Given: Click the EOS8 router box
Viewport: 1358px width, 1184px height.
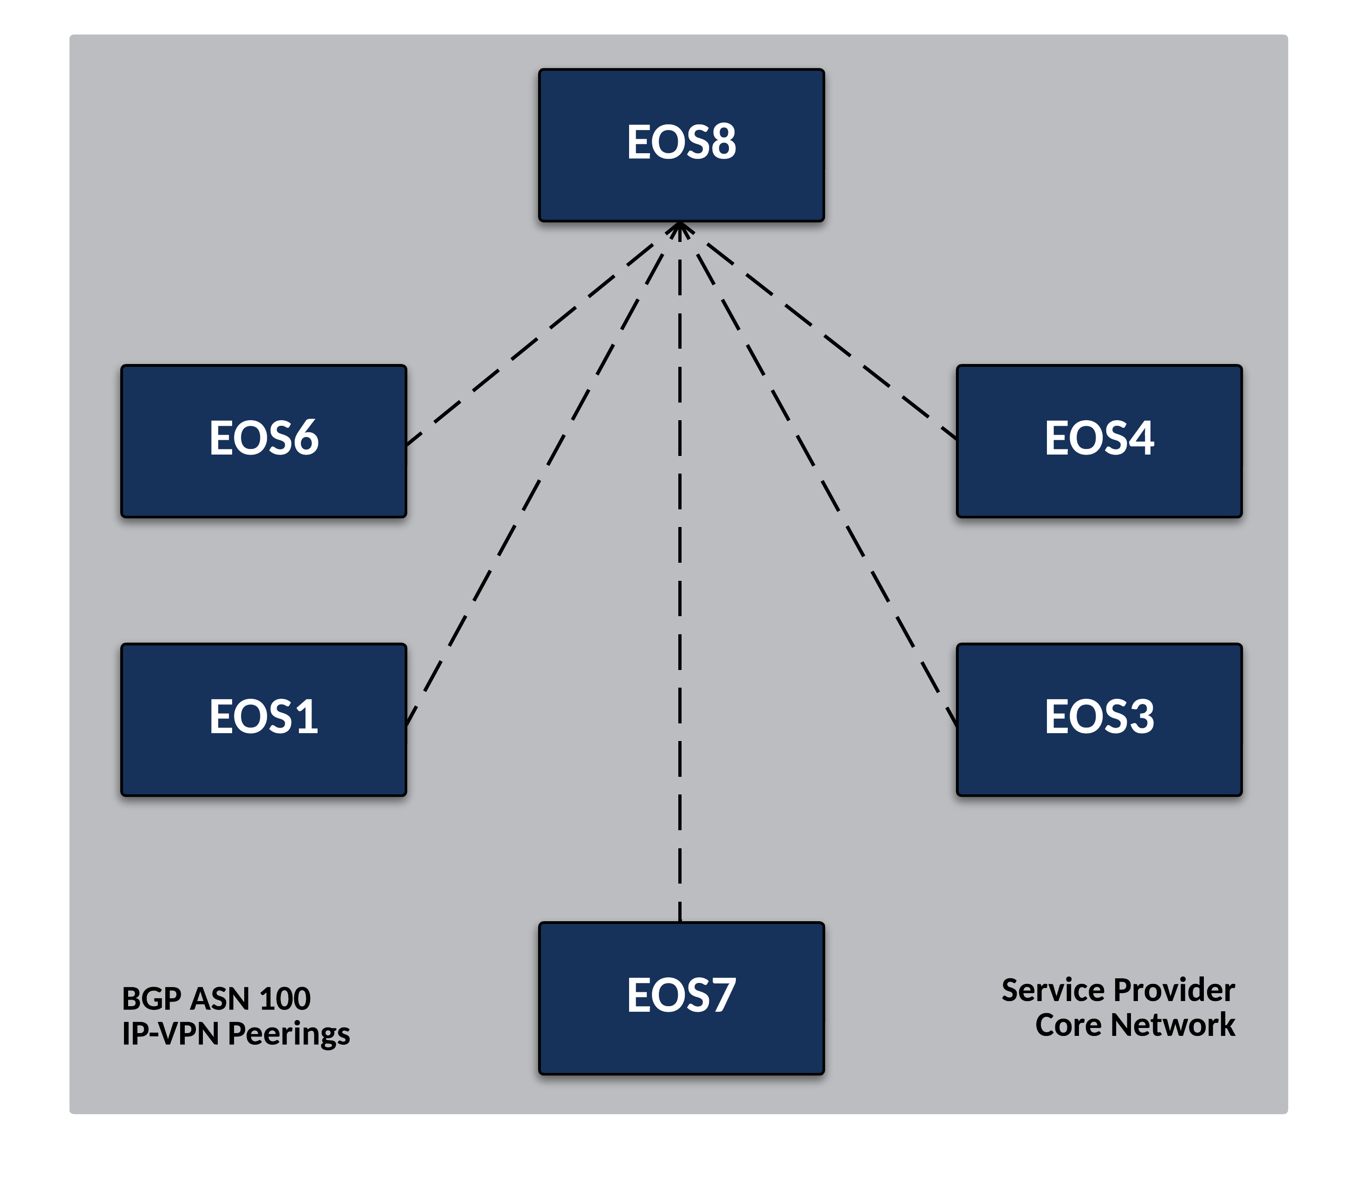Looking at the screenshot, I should tap(681, 145).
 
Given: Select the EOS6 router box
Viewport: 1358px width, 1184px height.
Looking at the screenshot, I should tap(264, 441).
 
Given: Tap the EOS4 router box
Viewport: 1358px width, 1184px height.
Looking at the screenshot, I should tap(1099, 441).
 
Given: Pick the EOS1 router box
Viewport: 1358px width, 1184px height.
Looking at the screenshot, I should tap(264, 720).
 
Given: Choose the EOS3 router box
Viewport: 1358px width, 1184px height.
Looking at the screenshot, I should tap(1099, 720).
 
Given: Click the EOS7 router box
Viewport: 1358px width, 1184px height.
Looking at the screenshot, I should tap(681, 998).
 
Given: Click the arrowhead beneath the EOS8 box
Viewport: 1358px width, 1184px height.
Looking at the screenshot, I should tap(680, 229).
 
